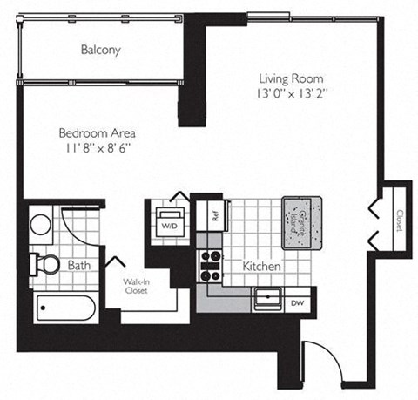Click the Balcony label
coord(100,51)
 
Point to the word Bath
coord(79,265)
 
